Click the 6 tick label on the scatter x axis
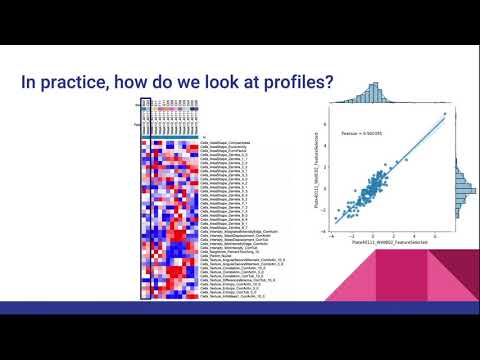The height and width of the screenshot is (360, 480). click(431, 236)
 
